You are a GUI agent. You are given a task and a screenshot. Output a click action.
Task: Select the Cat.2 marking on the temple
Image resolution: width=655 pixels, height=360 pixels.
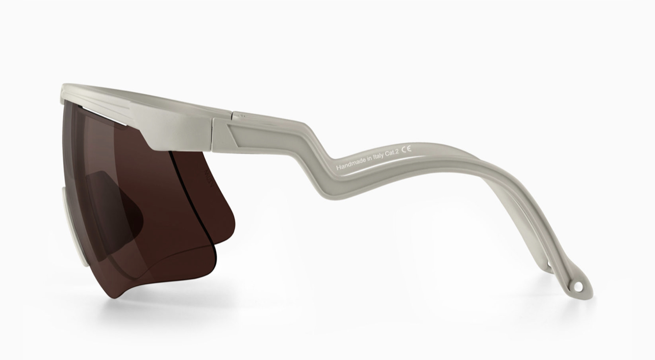click(x=392, y=154)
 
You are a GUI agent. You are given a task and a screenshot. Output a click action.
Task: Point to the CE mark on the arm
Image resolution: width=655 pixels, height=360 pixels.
click(x=407, y=150)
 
